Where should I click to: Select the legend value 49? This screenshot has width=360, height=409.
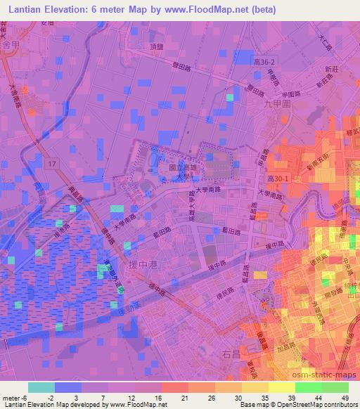[346, 397]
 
